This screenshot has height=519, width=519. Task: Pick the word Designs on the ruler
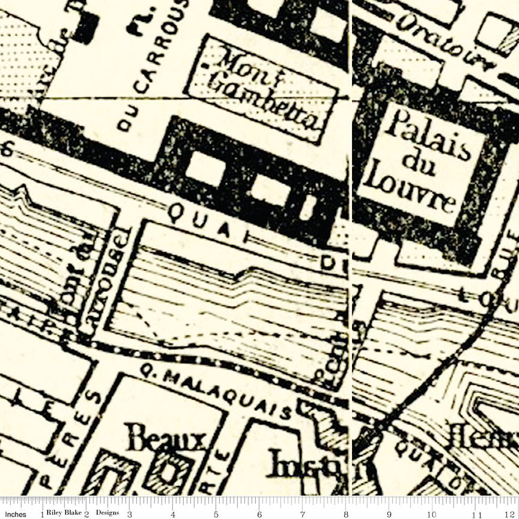click(x=106, y=514)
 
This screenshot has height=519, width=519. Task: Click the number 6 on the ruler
click(x=259, y=515)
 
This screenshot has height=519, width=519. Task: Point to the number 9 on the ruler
click(x=390, y=515)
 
